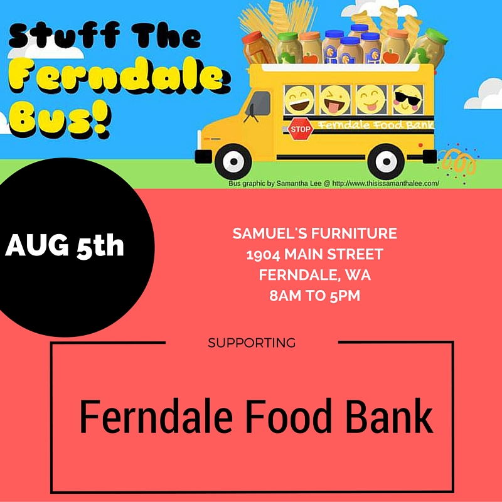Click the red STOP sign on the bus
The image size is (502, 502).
(301, 129)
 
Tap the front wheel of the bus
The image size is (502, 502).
(233, 161)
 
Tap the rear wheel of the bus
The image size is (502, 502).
(386, 161)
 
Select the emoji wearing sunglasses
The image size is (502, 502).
(407, 100)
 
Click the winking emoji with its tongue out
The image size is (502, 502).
(335, 100)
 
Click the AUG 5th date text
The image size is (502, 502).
(65, 245)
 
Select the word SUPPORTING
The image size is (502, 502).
(252, 343)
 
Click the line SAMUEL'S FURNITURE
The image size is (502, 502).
(315, 233)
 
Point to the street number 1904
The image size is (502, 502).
(263, 255)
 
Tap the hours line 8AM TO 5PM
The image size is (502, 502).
(315, 296)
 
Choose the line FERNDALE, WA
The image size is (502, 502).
(315, 275)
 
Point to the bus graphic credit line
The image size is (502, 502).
(334, 183)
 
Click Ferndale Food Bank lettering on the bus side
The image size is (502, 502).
(375, 124)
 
